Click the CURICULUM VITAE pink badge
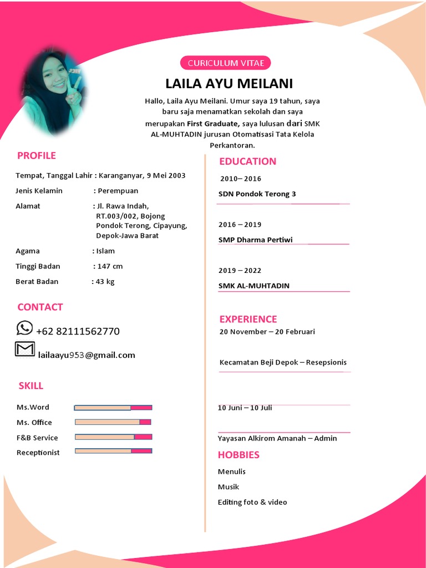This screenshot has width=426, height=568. [x=226, y=63]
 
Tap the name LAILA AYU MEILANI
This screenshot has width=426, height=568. [x=229, y=84]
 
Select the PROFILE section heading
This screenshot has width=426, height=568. [x=37, y=155]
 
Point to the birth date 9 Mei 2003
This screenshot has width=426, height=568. [x=166, y=175]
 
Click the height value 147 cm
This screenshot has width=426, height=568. [x=110, y=266]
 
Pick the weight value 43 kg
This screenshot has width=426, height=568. [x=105, y=281]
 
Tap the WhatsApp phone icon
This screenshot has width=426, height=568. [x=24, y=328]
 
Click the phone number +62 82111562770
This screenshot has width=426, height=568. [x=78, y=331]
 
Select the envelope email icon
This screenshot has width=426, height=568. [x=24, y=349]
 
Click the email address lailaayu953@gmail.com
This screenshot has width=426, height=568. [x=87, y=355]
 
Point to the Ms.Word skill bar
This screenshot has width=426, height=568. [x=113, y=408]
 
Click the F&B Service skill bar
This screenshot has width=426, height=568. [x=113, y=437]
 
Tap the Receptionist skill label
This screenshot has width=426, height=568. [x=38, y=453]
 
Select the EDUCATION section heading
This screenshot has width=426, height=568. [x=247, y=161]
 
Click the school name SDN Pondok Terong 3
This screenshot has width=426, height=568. [x=257, y=194]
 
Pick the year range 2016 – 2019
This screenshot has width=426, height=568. [x=240, y=225]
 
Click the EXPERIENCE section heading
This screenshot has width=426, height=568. [x=248, y=319]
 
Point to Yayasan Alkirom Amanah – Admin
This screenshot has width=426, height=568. [x=277, y=438]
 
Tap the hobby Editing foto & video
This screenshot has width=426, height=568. [x=252, y=502]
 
